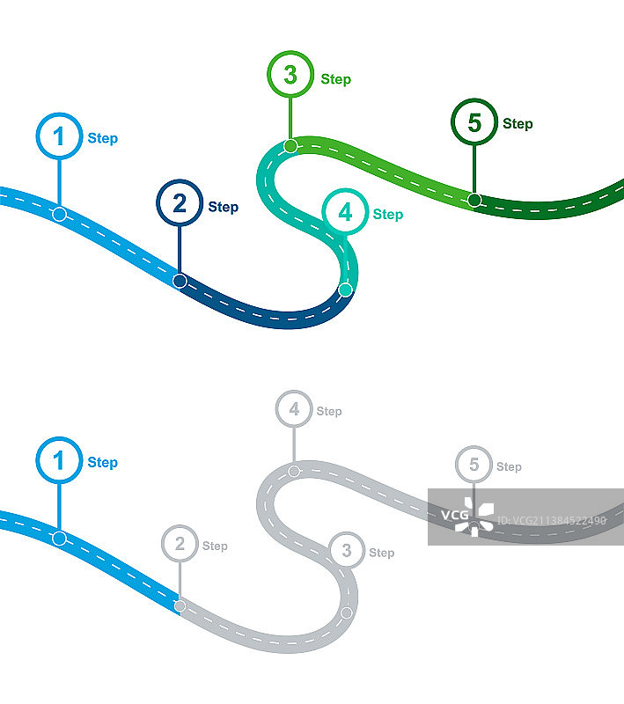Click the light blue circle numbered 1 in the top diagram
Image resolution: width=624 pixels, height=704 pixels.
tap(59, 137)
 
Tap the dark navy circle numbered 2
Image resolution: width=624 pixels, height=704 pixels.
tap(180, 204)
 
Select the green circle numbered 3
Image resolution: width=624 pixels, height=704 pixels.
tap(290, 76)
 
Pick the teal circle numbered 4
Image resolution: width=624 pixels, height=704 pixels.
tap(345, 212)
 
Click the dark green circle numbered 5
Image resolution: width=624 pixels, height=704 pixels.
tap(474, 122)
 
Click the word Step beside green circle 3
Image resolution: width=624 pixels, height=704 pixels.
tap(335, 79)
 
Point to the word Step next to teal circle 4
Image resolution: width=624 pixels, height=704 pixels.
tap(387, 215)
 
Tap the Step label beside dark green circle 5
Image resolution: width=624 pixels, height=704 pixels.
tap(518, 124)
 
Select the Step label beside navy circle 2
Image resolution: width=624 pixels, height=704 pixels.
tap(223, 208)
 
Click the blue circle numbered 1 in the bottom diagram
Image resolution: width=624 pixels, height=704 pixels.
tap(59, 461)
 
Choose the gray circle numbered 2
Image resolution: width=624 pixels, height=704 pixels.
tap(180, 544)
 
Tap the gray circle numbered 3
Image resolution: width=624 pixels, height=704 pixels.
tap(347, 551)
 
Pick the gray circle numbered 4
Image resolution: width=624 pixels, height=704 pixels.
tap(294, 409)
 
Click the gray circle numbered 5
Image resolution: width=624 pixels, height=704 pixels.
tap(474, 465)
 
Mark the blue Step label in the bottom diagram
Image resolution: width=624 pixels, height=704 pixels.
tap(102, 463)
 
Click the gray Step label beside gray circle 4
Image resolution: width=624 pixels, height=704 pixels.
tap(329, 411)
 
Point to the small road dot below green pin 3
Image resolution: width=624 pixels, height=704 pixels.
tap(290, 146)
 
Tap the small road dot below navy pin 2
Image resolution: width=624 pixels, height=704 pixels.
tap(180, 281)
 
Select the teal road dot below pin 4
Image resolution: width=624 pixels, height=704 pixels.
tap(345, 290)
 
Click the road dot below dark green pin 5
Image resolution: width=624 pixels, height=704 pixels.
tap(474, 200)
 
